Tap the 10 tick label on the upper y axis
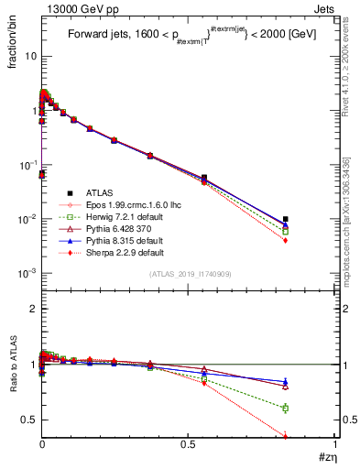(x=29, y=56)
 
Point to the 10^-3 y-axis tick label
(x=27, y=274)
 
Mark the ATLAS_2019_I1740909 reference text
(x=189, y=274)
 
